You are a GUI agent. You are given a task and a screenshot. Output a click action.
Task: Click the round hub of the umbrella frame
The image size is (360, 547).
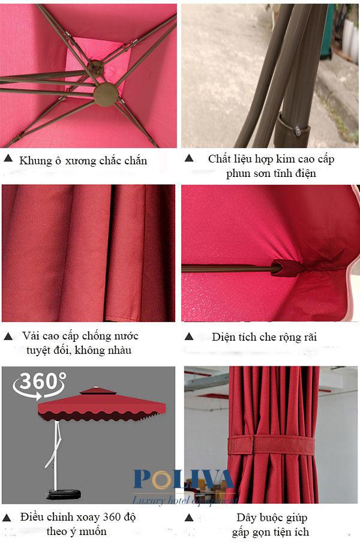106,94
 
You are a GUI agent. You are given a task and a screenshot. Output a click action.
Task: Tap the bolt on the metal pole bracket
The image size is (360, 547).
298,128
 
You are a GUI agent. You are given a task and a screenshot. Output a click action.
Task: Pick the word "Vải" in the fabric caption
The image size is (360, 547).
32,335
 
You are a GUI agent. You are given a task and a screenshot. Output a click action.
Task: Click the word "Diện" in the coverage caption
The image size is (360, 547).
226,336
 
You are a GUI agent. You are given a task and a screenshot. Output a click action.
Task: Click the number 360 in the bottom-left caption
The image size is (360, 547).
108,516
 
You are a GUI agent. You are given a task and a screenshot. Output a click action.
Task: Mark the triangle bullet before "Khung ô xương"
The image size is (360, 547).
8,159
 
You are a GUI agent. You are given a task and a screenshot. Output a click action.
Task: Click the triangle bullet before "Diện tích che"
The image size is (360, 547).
188,336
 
